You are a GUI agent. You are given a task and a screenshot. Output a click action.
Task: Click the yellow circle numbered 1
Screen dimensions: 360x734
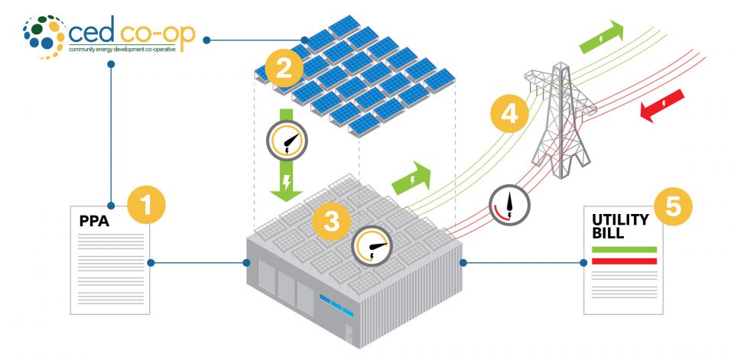pos(145,207)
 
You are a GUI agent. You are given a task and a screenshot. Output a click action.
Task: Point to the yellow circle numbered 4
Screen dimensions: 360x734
pos(508,115)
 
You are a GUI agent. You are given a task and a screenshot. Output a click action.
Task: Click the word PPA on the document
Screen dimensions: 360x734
pos(94,223)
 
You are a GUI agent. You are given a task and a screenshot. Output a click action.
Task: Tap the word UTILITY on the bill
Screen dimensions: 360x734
pos(620,220)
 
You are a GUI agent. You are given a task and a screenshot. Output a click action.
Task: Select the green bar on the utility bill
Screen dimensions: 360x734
pos(624,249)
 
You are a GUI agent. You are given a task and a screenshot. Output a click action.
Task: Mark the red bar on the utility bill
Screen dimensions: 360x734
pos(624,261)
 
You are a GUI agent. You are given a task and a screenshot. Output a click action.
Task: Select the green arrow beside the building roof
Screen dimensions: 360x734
pos(411,180)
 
